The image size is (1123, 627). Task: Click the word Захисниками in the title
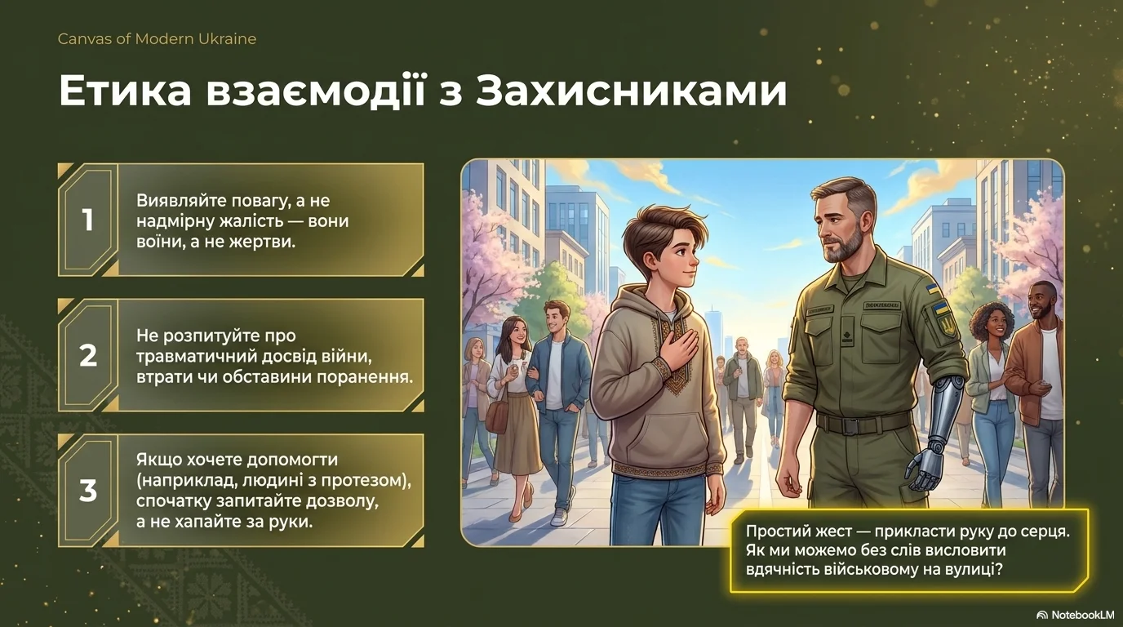(631, 91)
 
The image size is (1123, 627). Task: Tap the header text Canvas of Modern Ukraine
(157, 38)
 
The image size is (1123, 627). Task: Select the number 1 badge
(88, 220)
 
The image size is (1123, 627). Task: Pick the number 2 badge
(88, 355)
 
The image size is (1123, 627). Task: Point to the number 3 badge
(88, 491)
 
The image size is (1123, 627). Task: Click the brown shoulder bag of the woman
(497, 416)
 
